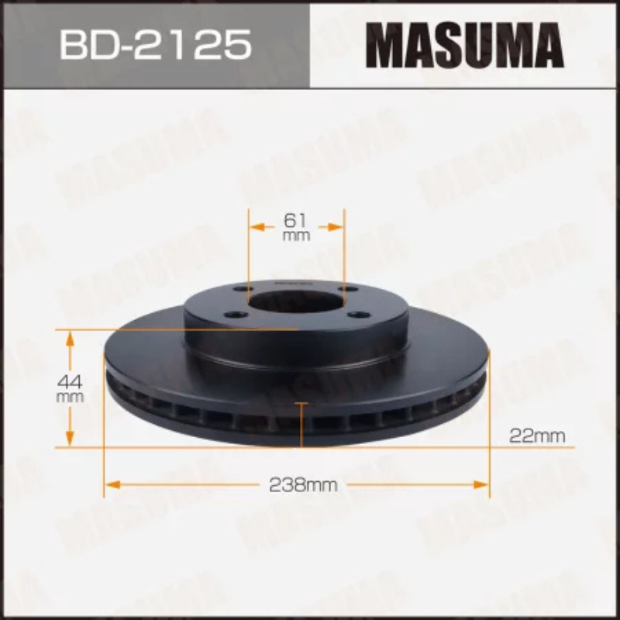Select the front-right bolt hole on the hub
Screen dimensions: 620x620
point(357,314)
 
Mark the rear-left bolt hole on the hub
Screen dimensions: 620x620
point(242,288)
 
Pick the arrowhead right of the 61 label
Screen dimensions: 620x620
point(334,227)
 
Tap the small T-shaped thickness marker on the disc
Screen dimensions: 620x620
point(301,405)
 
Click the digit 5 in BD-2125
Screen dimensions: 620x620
point(236,45)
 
